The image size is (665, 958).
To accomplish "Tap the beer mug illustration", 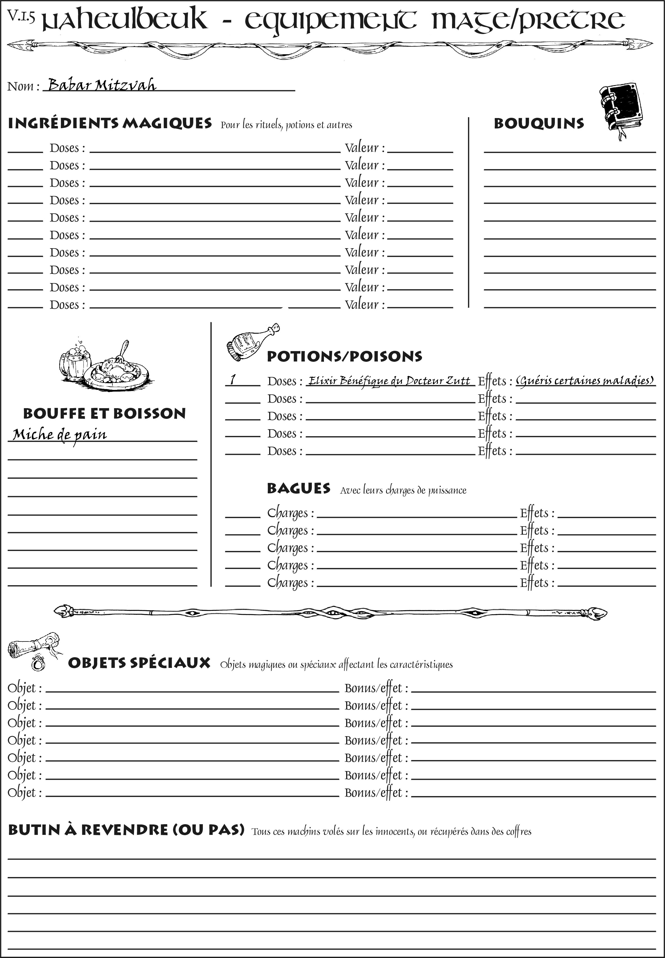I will pos(75,361).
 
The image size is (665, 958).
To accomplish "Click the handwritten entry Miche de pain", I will pos(60,435).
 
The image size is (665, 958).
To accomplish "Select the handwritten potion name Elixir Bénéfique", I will pos(389,381).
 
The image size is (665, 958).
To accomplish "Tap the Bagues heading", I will pos(298,488).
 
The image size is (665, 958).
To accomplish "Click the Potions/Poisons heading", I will pos(344,356).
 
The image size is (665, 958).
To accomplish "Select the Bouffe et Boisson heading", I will pos(104,414).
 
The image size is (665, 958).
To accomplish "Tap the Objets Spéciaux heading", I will pos(139,663).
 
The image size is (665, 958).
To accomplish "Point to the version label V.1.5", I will pos(21,16).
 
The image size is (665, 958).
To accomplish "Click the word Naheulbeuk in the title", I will pos(125,20).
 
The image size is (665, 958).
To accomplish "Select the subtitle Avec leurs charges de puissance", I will pos(403,490).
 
